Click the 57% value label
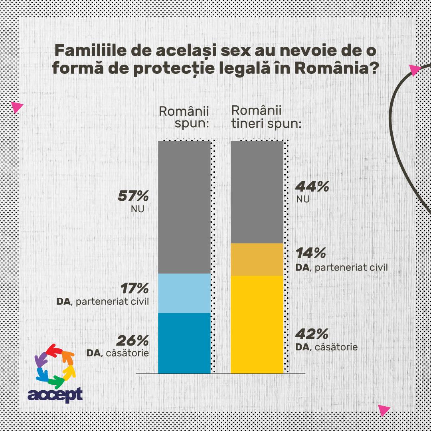coord(133,196)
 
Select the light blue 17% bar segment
coord(184,293)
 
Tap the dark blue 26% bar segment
coord(184,343)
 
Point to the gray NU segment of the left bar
coord(184,208)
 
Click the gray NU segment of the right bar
coord(257,192)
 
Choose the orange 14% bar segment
coord(257,259)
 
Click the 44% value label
coord(312,186)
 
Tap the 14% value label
coord(311,253)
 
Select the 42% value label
coord(312,333)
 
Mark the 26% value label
coord(132,340)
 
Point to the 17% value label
coord(133,288)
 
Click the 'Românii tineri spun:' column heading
coord(266,117)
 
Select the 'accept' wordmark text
coord(55,394)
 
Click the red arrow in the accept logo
coord(54,351)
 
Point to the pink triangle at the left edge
coord(17,107)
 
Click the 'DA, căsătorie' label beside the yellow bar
coord(326,347)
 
